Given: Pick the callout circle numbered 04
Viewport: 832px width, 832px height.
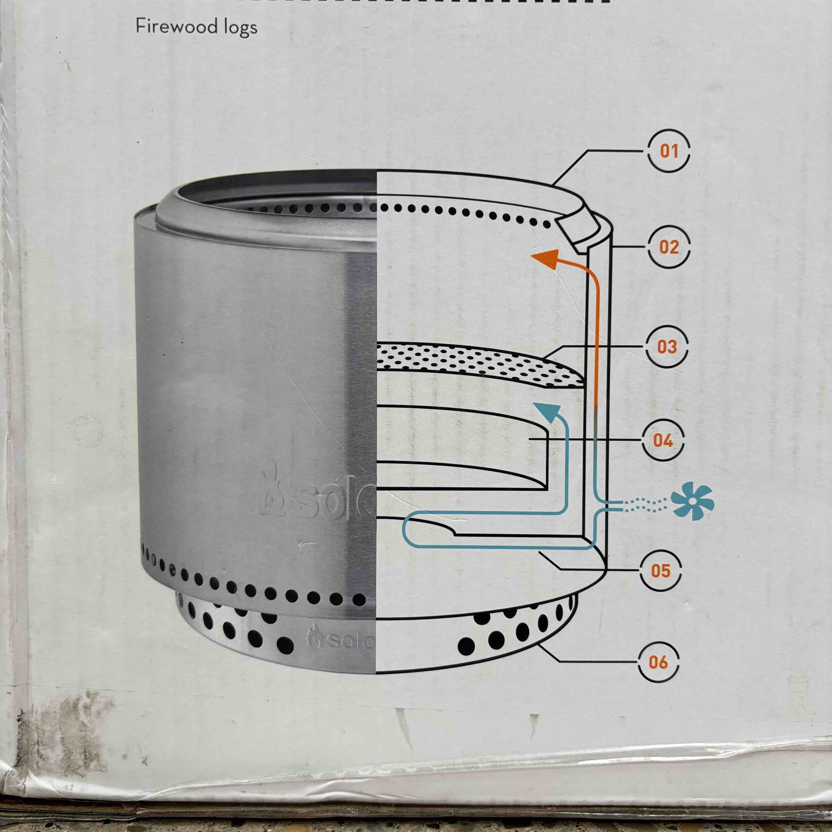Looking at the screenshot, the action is [663, 440].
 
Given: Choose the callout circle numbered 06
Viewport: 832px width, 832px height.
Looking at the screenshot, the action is [658, 662].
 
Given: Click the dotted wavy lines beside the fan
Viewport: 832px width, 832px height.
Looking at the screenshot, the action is [645, 505].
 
